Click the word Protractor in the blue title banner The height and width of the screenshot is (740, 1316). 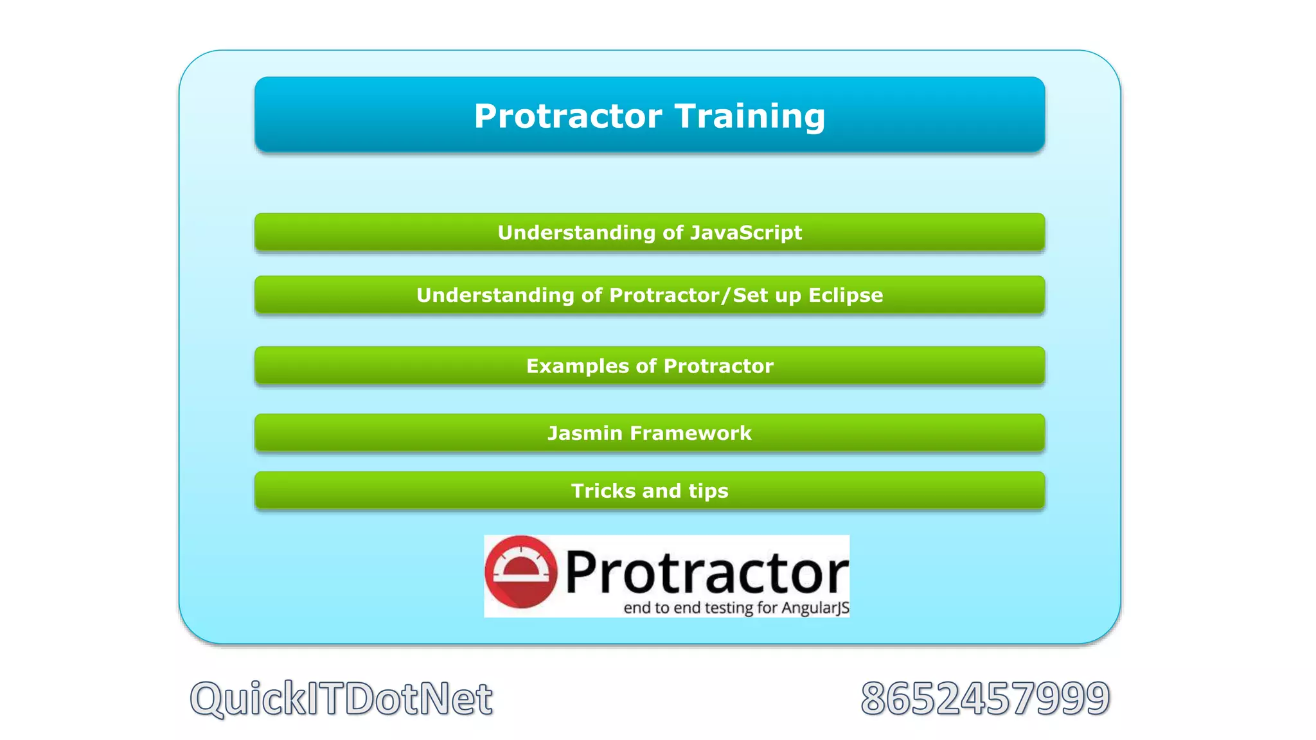click(568, 117)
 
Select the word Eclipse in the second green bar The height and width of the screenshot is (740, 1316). click(845, 295)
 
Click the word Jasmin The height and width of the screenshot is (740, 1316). click(585, 434)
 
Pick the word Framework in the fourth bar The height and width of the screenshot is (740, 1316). click(690, 434)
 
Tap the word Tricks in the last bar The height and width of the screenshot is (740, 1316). click(603, 491)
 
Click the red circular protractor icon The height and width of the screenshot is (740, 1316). click(520, 572)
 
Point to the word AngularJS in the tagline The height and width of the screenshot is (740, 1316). click(815, 608)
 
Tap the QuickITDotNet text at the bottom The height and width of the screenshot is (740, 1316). click(341, 698)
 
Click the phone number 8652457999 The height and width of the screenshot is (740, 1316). click(985, 698)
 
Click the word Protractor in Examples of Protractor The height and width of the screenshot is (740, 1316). click(718, 366)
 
